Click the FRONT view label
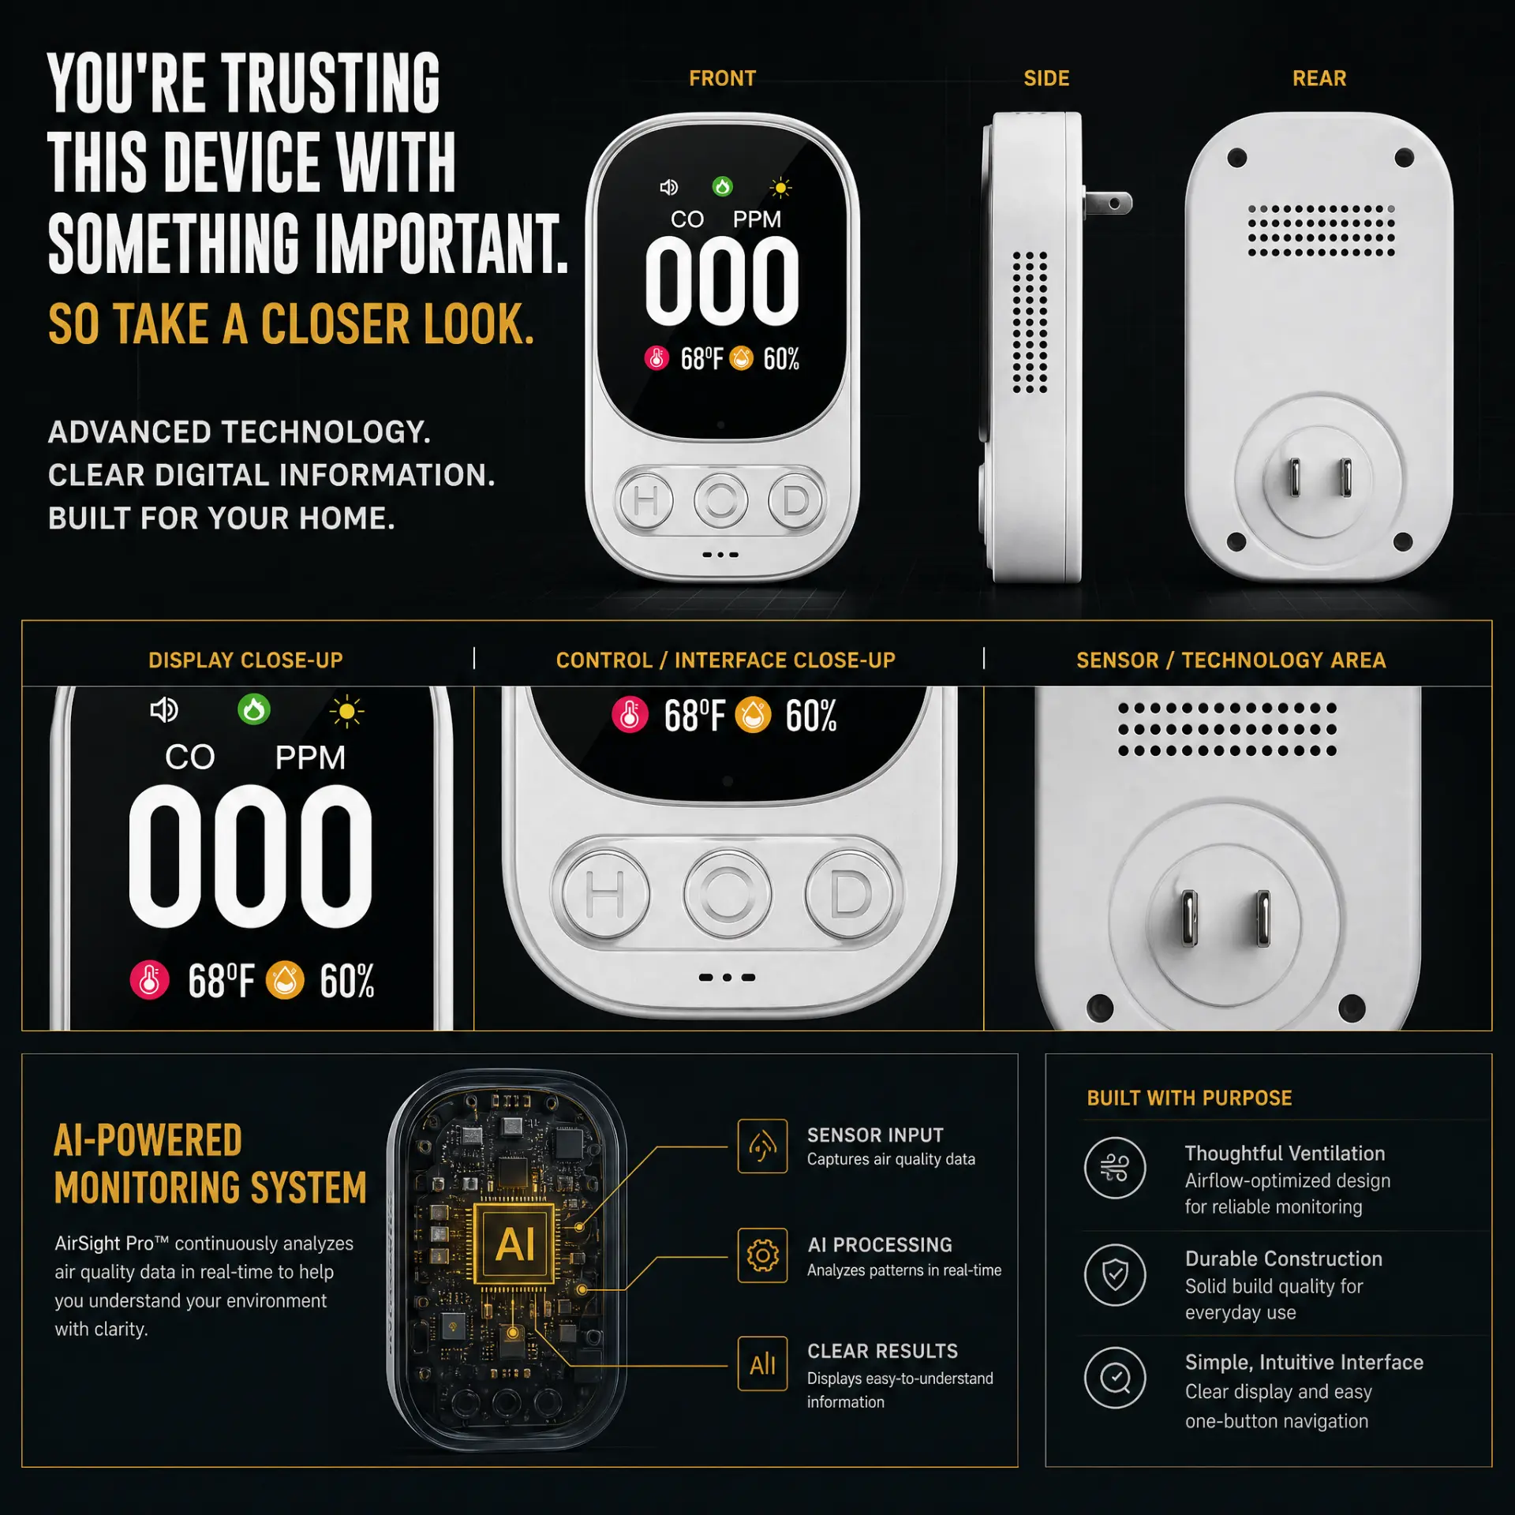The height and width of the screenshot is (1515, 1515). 722,79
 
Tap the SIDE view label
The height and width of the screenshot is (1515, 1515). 1046,79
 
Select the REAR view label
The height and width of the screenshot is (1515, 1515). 1319,79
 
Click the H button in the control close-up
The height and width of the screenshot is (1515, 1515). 605,895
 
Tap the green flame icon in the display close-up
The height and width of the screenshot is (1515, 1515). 254,709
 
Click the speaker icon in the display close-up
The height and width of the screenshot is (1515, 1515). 164,710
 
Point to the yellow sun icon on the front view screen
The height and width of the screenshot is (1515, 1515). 780,188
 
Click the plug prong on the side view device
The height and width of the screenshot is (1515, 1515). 1108,203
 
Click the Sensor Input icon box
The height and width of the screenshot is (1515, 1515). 762,1146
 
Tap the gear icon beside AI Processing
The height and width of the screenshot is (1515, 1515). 762,1255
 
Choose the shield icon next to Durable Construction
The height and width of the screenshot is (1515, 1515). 1115,1274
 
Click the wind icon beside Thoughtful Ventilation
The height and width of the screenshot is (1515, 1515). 1115,1168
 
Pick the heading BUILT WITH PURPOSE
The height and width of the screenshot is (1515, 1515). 1189,1098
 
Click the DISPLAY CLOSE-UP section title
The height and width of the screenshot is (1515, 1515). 245,660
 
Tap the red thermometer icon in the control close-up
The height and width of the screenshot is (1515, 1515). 630,715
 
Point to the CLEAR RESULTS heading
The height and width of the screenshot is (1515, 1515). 882,1352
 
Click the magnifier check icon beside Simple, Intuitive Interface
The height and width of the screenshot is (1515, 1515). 1115,1378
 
